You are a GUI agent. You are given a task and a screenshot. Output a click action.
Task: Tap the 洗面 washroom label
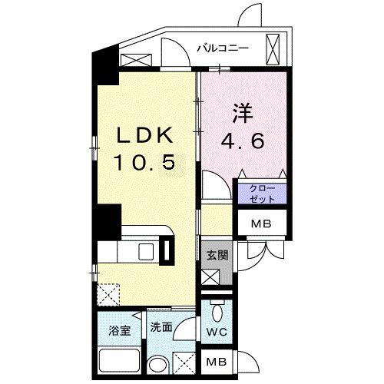161,326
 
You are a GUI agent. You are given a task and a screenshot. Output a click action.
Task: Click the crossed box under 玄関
212,278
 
